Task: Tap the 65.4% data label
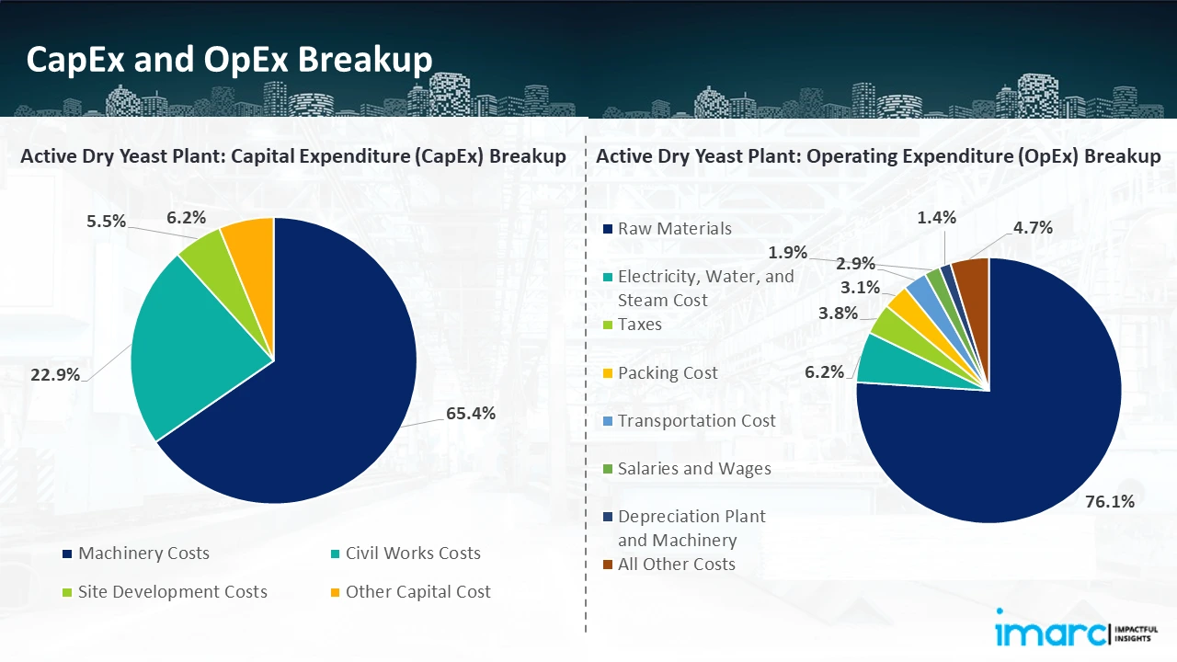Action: pos(470,414)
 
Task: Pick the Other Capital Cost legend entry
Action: pos(417,592)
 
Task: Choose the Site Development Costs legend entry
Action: pos(172,592)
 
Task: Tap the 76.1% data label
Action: pos(1109,501)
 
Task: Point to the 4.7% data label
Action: pos(1033,227)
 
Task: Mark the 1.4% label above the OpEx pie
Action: pos(937,218)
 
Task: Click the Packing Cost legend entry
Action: pos(668,373)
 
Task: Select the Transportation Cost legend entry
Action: pos(696,421)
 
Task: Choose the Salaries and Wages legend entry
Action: pos(694,469)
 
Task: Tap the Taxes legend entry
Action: pos(639,325)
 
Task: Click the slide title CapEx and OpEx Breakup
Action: pos(230,60)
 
